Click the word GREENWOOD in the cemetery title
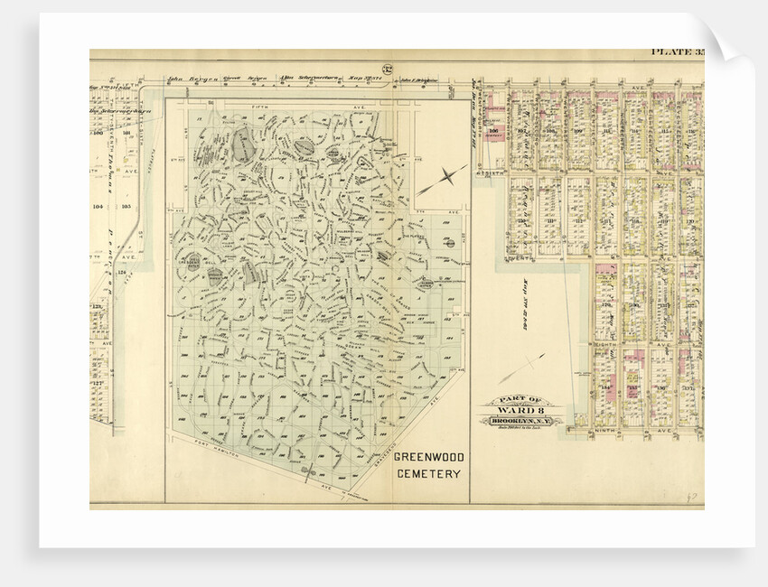tap(428, 458)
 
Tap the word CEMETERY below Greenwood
tap(428, 474)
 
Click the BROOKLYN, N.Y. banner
tap(523, 421)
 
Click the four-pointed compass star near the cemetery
tap(443, 178)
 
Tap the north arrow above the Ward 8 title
tap(521, 368)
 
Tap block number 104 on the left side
tap(98, 206)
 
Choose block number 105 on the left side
tap(126, 206)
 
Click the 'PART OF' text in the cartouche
tap(523, 398)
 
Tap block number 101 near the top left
tap(126, 133)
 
